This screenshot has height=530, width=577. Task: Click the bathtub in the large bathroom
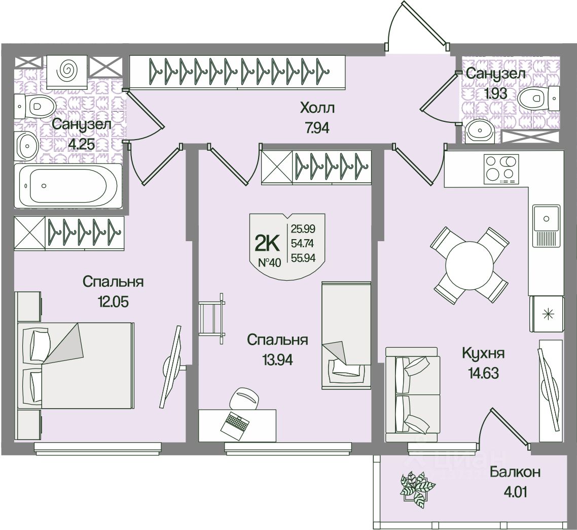68,185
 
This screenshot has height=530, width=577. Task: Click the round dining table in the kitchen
469,264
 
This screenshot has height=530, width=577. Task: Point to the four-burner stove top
501,169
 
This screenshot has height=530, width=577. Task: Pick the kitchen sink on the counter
546,219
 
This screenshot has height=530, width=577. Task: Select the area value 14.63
480,373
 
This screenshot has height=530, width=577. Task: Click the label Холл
318,108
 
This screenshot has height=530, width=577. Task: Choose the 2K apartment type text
267,244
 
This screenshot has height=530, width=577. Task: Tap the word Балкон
515,472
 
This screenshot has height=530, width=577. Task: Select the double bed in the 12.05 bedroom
76,365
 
